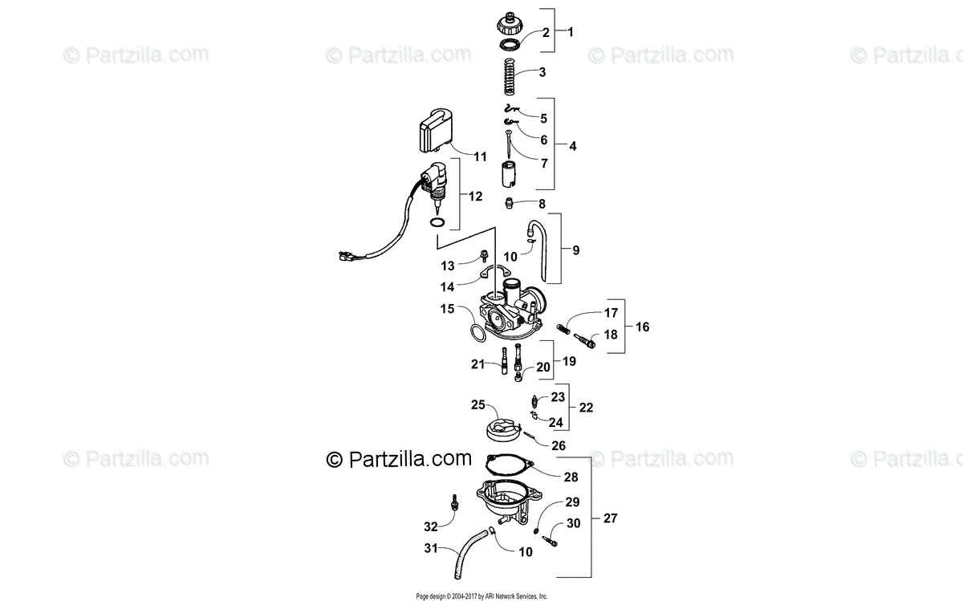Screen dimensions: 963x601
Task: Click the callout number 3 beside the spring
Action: pyautogui.click(x=542, y=72)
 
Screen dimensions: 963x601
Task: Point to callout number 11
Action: pyautogui.click(x=480, y=157)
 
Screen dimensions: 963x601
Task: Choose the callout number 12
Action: pyautogui.click(x=477, y=196)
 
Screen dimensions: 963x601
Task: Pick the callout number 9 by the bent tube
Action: pyautogui.click(x=576, y=250)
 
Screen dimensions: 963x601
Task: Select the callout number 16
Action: pyautogui.click(x=644, y=327)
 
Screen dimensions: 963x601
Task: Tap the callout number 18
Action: pyautogui.click(x=612, y=335)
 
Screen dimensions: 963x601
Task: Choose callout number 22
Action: pyautogui.click(x=586, y=407)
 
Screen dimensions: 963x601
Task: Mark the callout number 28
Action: pyautogui.click(x=571, y=477)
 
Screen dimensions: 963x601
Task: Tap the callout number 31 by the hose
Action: pyautogui.click(x=432, y=549)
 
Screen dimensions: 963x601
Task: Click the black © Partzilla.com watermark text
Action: pyautogui.click(x=399, y=459)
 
